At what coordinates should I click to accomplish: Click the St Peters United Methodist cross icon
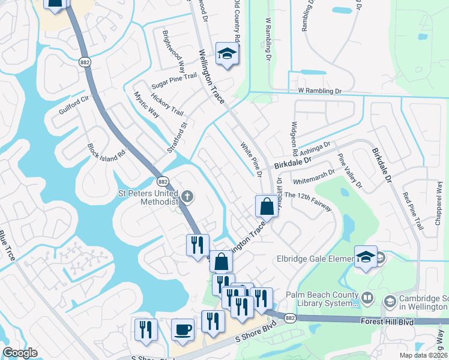[x=188, y=196]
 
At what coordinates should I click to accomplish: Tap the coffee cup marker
[x=182, y=330]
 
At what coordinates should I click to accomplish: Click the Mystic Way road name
[x=146, y=104]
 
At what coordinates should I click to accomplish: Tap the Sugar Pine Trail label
[x=157, y=79]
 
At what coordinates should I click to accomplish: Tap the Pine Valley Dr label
[x=350, y=170]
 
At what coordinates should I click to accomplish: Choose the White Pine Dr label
[x=252, y=160]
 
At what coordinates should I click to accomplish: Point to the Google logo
[x=20, y=353]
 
